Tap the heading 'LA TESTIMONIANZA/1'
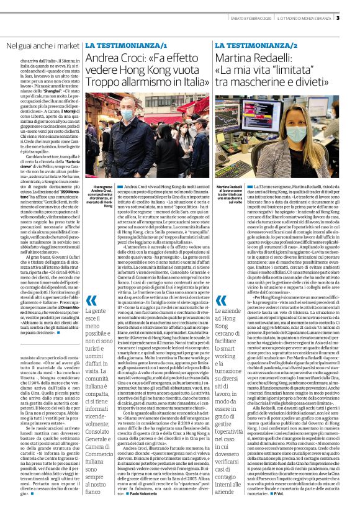click(x=127, y=47)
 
